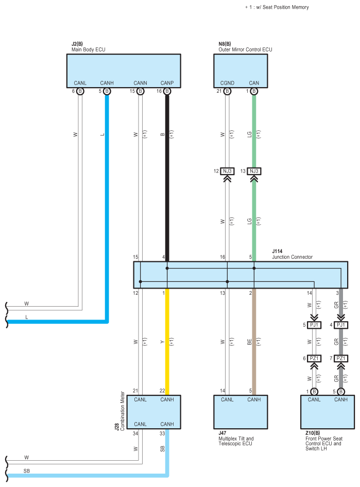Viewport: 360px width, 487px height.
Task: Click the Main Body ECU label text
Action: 89,49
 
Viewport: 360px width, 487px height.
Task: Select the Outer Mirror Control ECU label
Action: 245,49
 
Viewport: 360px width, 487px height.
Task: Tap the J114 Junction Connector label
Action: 292,254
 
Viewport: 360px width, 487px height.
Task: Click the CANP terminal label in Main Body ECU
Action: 167,83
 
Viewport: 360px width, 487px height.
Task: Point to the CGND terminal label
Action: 227,83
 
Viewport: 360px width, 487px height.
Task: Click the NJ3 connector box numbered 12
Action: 227,171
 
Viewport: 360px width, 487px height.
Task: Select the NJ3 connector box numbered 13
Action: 254,171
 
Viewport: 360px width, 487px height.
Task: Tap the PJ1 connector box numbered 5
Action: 314,325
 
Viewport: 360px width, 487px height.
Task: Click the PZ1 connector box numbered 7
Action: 341,358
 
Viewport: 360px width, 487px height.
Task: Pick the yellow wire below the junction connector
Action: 167,342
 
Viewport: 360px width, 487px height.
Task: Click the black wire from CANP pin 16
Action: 167,178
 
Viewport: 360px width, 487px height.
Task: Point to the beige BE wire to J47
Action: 254,342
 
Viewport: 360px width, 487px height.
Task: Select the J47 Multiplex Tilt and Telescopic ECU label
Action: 236,438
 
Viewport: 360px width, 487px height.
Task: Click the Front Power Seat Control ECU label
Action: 323,441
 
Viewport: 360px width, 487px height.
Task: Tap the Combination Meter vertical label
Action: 122,411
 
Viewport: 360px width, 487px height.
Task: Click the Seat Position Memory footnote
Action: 277,7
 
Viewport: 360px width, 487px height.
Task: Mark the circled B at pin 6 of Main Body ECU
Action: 80,91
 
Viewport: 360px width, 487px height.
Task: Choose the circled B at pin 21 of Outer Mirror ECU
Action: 227,91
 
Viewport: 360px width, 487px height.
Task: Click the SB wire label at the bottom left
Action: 27,471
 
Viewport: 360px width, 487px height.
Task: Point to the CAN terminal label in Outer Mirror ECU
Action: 254,83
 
